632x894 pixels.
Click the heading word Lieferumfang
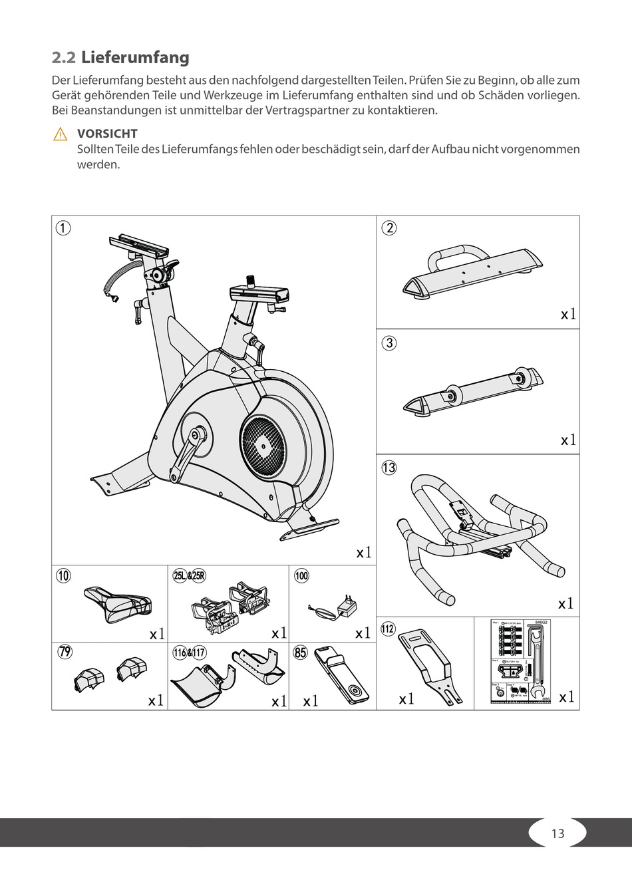pos(135,58)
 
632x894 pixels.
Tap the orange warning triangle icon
pos(60,134)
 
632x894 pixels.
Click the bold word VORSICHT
pos(107,134)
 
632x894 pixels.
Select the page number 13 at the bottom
pos(557,833)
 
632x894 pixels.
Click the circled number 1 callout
pos(63,227)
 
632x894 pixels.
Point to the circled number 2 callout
pos(389,227)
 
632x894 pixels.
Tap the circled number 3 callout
pos(389,343)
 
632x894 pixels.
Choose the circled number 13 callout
pos(389,467)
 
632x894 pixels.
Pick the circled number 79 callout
pos(65,652)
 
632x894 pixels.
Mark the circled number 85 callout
pos(301,653)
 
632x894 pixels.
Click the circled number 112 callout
pos(388,627)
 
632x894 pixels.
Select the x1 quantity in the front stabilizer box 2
pos(567,314)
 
